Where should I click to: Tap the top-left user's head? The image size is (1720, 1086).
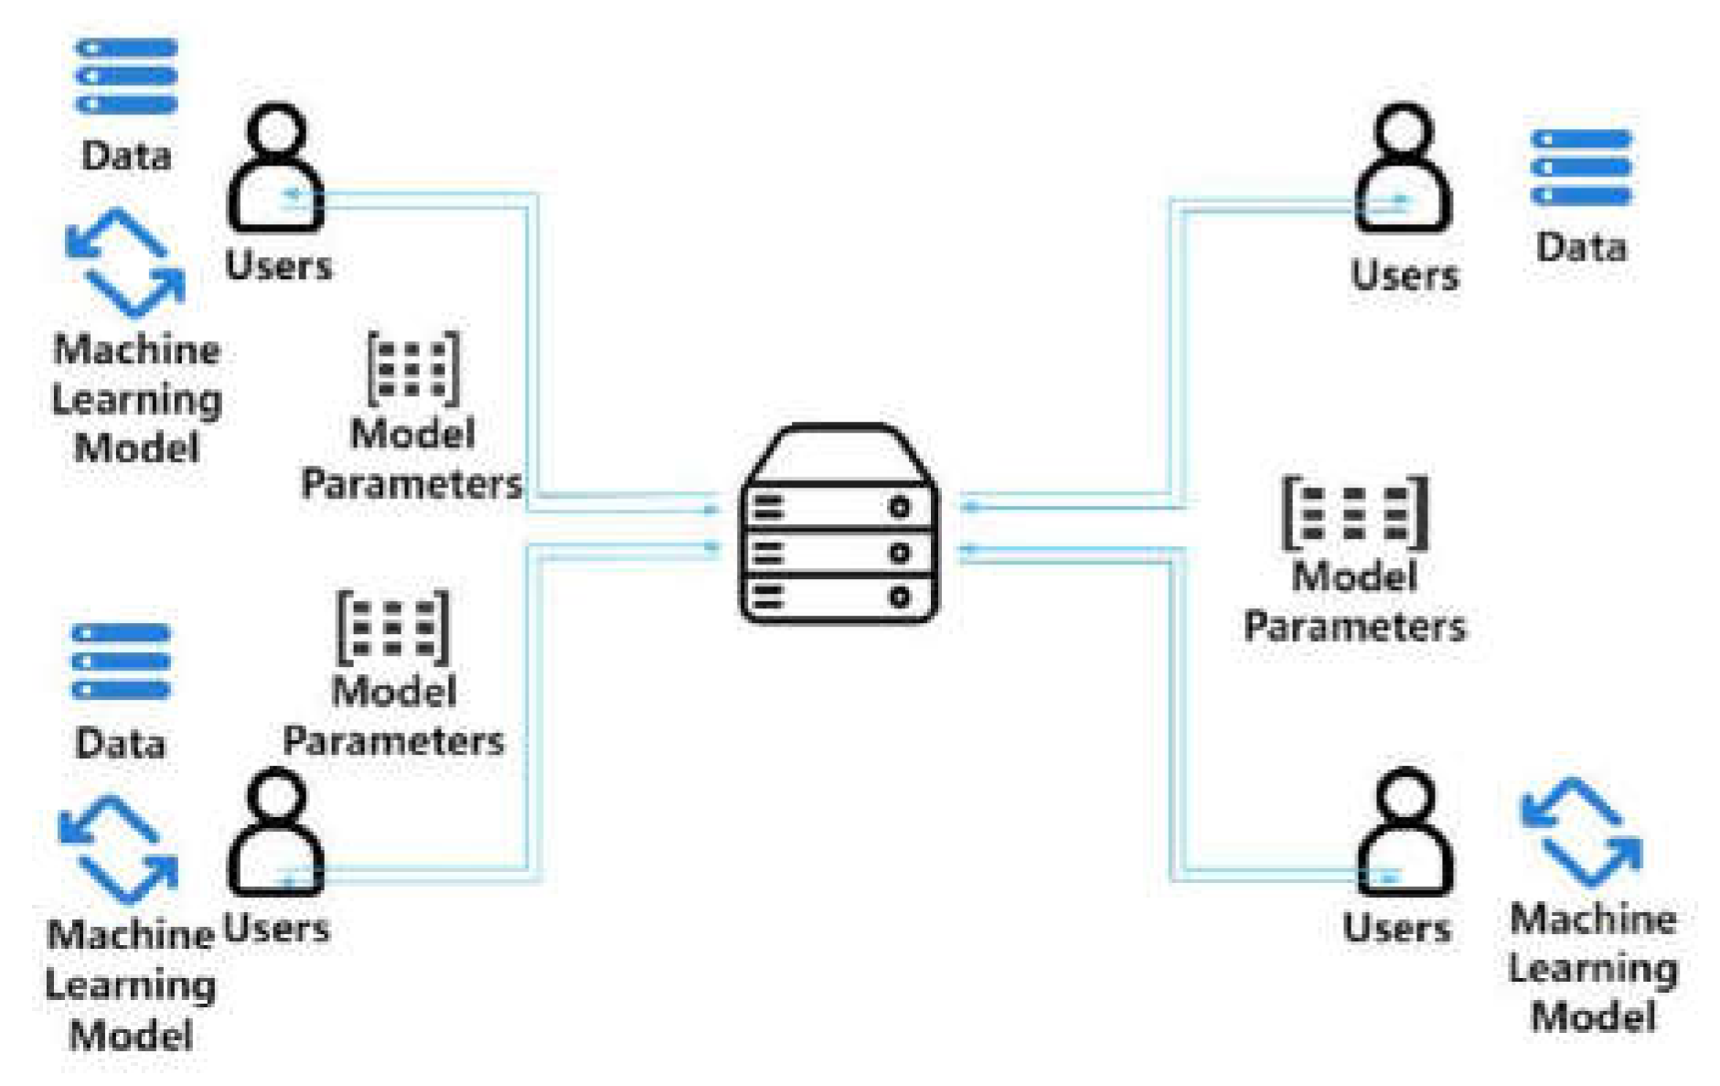tap(276, 129)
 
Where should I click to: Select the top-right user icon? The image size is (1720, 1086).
tap(1403, 169)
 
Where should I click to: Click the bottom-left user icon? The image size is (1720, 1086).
tap(275, 833)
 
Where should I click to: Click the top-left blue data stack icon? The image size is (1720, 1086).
tap(126, 76)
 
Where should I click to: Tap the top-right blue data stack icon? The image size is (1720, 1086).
tap(1581, 167)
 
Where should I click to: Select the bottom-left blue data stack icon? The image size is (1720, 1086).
tap(121, 661)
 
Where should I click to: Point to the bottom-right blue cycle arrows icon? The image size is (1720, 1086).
tap(1581, 832)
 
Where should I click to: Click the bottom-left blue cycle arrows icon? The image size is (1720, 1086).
tap(118, 849)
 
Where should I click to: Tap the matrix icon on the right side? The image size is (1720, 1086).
tap(1354, 512)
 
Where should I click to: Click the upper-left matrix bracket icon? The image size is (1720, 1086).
tap(412, 368)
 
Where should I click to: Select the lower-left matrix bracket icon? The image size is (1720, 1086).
tap(393, 627)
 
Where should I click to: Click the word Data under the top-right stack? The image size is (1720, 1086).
tap(1581, 247)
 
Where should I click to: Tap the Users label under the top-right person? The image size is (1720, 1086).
tap(1404, 275)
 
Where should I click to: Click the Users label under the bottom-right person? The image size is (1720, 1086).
tap(1396, 928)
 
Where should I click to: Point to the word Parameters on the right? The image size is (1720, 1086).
tap(1354, 627)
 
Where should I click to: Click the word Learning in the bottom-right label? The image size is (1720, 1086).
tap(1593, 968)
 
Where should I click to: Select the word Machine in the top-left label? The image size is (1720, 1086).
tap(136, 349)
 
